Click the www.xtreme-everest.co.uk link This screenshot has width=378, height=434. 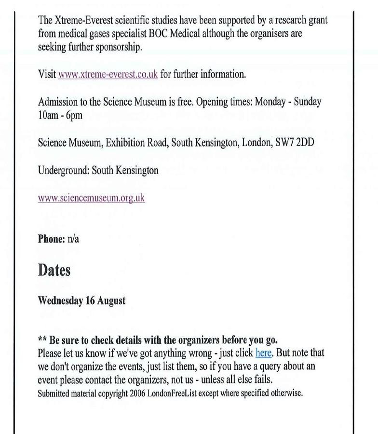108,74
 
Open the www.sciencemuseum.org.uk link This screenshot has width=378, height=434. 91,198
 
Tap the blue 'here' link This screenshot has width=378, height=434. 263,353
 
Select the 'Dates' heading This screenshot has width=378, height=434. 54,270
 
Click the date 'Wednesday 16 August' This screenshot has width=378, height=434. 81,300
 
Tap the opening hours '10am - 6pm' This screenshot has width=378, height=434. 60,115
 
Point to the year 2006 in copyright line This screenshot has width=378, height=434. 138,393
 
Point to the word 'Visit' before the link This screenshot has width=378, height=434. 47,74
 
